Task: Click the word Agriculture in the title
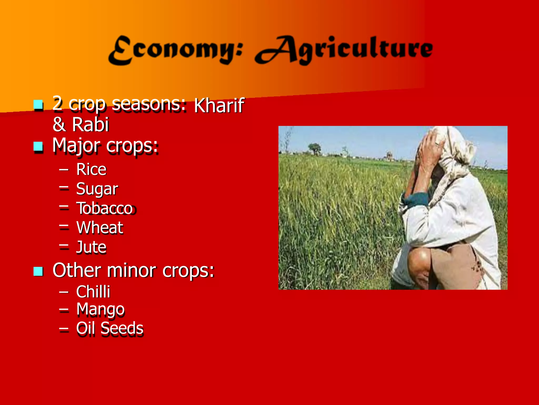coord(343,50)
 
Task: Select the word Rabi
coord(90,124)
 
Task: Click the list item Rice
coord(91,169)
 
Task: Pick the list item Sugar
coord(97,189)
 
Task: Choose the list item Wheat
coord(100,228)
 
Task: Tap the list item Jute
coord(91,247)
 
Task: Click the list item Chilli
coord(93,292)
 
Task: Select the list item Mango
coord(100,309)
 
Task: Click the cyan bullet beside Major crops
coord(38,146)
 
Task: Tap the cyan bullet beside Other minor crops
coord(38,271)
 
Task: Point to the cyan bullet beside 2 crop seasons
coord(38,105)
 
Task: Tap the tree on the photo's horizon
coord(314,148)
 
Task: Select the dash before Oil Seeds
coord(64,329)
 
